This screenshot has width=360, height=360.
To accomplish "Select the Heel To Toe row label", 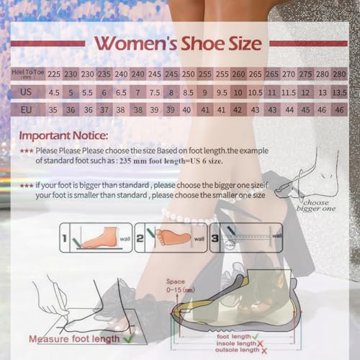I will pos(26,74).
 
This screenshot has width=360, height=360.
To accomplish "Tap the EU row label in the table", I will pos(26,110).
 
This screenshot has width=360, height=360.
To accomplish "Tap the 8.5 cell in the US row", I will pos(188,92).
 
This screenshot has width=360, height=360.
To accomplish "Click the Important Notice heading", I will pos(63,135).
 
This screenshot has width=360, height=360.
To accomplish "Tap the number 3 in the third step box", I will pos(215,236).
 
